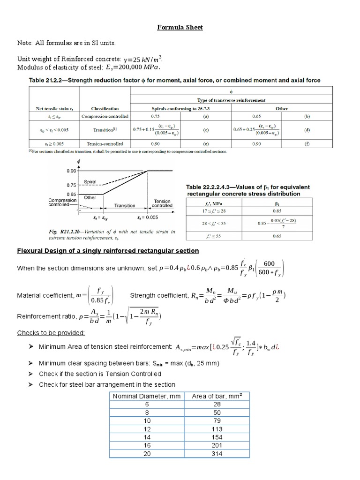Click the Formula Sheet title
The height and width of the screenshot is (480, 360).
[180, 28]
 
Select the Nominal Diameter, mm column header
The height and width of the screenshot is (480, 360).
[142, 396]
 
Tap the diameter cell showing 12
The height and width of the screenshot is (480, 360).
[142, 429]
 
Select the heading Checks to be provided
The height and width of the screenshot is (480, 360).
[51, 333]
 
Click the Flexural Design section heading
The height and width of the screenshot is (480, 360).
[108, 251]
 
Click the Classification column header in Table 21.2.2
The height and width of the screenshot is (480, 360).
[105, 108]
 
